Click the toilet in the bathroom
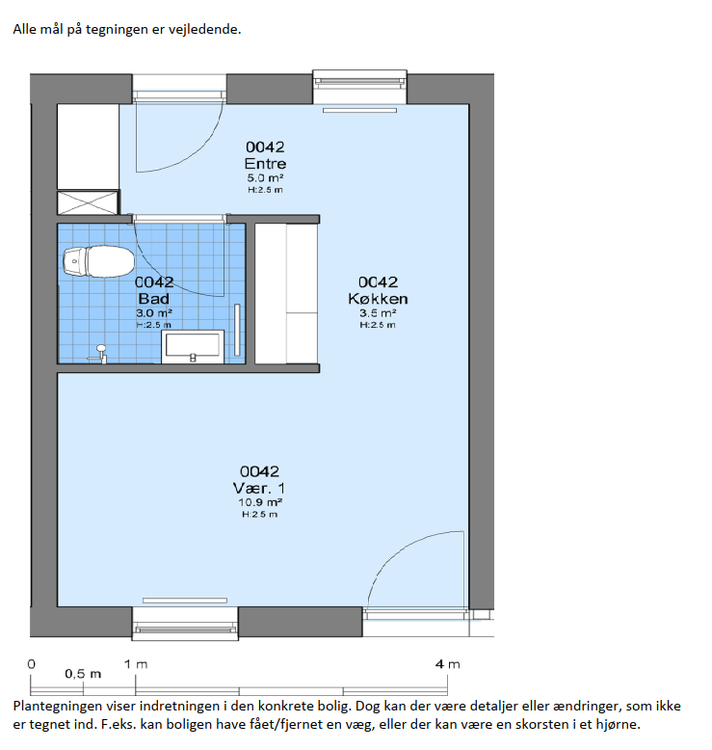98,261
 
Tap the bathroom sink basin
193,346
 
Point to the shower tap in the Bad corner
98,354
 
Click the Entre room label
265,164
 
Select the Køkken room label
378,299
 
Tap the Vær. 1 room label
259,488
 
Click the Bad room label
153,299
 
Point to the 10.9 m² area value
259,502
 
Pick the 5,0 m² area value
265,178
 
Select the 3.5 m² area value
378,312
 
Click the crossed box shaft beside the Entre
88,202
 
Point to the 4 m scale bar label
448,664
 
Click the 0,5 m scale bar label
83,674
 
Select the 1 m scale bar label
136,664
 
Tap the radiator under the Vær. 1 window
185,601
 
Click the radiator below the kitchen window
359,111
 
